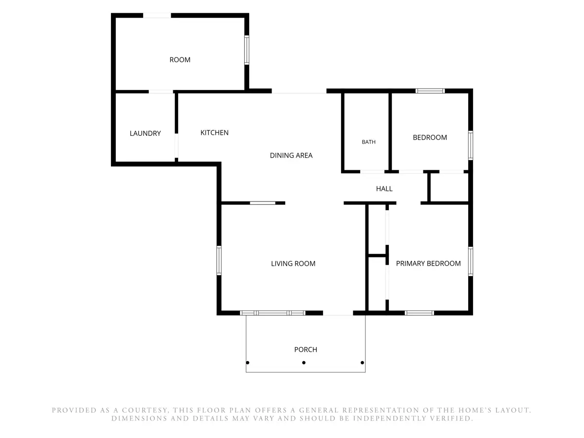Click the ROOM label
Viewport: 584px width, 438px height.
[180, 60]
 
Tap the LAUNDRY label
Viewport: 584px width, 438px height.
[145, 133]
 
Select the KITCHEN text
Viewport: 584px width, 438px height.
[215, 133]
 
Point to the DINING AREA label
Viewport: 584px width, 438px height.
[291, 155]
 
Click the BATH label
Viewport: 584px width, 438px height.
[368, 142]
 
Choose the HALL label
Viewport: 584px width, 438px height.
[384, 189]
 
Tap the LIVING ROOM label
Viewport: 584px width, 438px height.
[293, 264]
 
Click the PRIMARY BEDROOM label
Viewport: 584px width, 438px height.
[428, 263]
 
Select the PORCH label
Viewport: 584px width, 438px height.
[306, 349]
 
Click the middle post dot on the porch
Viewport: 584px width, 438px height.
[304, 363]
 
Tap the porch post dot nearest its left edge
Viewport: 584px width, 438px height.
[248, 363]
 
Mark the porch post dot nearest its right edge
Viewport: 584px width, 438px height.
[362, 363]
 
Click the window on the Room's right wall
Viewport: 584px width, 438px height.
[247, 50]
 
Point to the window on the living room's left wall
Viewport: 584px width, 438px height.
[219, 260]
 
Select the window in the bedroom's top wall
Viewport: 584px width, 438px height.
[430, 91]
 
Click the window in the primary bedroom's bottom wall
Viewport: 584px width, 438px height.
[420, 313]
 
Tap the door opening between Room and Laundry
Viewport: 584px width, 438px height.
[161, 92]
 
